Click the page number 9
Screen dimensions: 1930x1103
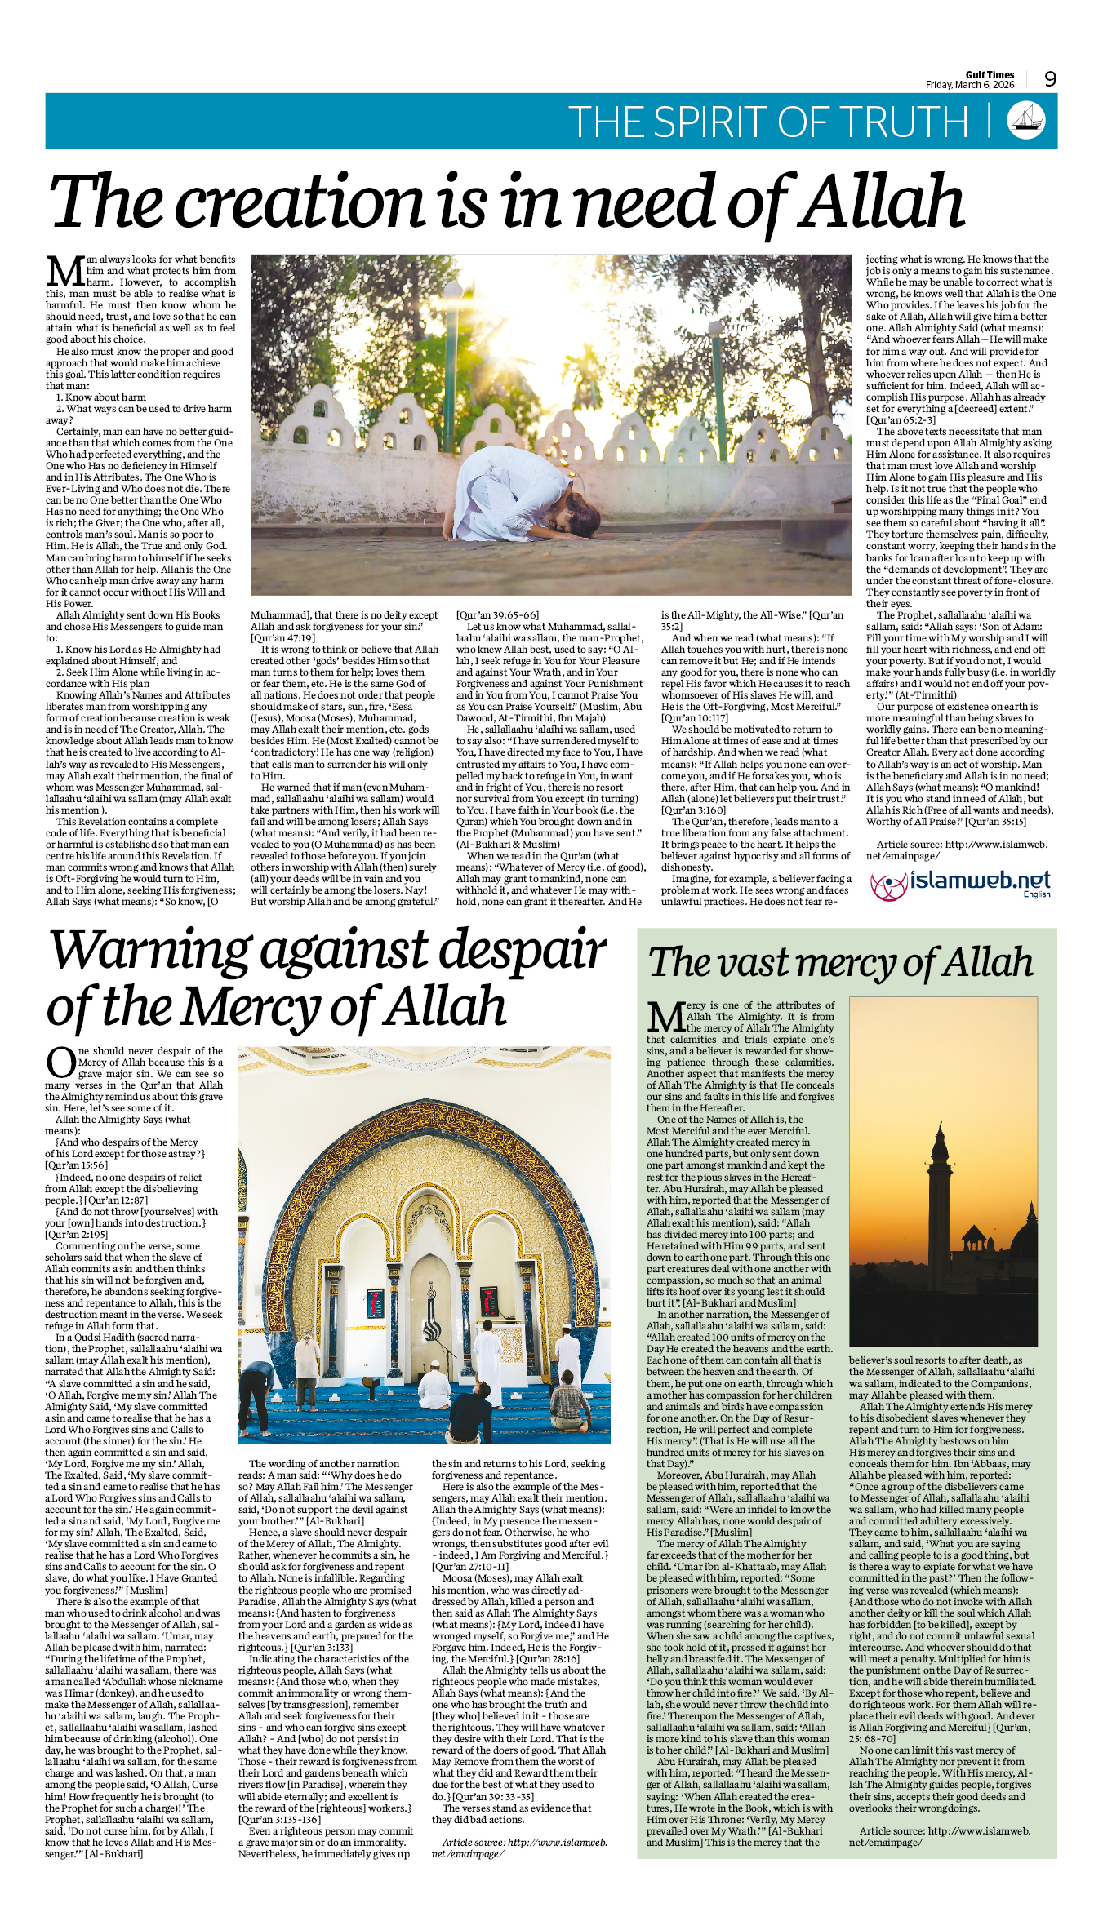[1050, 79]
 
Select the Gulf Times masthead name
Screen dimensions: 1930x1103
[990, 75]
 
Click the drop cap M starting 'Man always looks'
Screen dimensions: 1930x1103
[64, 272]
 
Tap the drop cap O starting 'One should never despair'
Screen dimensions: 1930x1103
[60, 1063]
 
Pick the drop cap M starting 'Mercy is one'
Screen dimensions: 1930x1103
[665, 1017]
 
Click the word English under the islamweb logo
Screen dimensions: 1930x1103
[1036, 894]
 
